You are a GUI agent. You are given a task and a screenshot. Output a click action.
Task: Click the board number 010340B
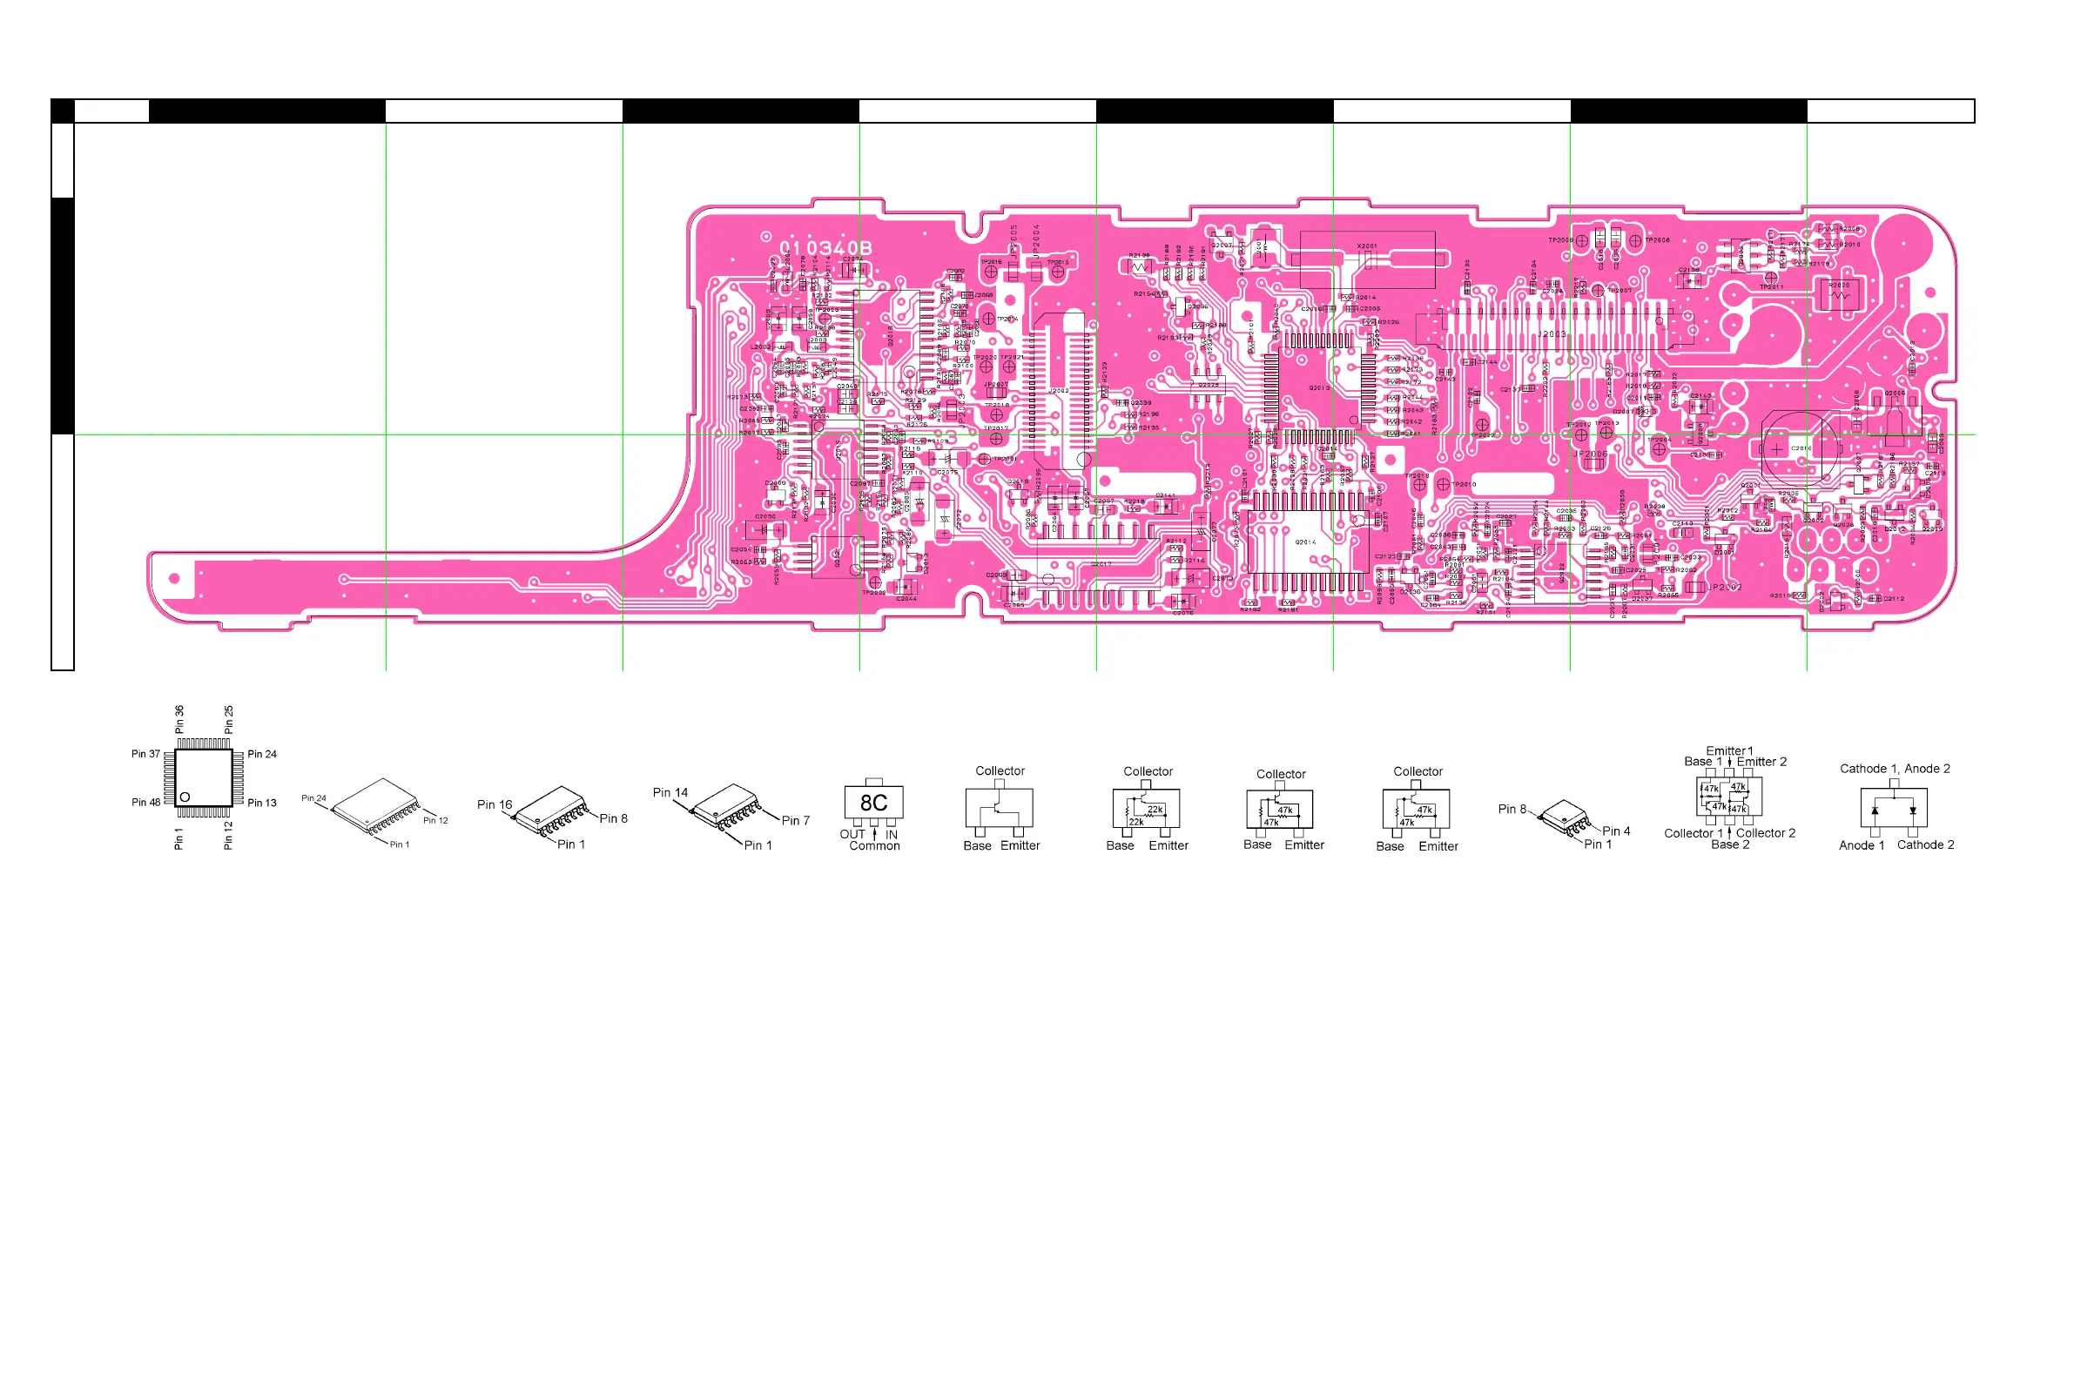(825, 249)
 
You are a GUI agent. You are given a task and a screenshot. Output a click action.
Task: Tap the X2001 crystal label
(1366, 246)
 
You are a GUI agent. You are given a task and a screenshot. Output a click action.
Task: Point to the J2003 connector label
(1552, 334)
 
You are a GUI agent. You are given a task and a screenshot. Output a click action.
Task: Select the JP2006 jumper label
(1590, 454)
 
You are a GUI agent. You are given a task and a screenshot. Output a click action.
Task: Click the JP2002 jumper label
(1725, 588)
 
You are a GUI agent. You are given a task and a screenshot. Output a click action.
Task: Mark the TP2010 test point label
(1464, 485)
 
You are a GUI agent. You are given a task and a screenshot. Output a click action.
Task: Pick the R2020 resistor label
(1839, 286)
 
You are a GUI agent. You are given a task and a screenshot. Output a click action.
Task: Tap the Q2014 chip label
(1305, 542)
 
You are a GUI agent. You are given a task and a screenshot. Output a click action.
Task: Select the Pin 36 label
(179, 718)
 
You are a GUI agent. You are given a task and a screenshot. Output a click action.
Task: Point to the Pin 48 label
(146, 802)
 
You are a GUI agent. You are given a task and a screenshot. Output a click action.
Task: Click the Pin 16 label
(495, 804)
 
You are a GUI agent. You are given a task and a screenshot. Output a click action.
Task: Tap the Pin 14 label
(670, 792)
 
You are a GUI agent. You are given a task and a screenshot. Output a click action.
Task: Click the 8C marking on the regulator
(873, 803)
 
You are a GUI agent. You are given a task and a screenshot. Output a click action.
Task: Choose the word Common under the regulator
(874, 846)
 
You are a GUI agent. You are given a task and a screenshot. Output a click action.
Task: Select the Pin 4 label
(1616, 831)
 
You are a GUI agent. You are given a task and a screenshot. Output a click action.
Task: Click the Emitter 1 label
(1729, 751)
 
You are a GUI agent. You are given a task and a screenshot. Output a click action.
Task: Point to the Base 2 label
(1730, 844)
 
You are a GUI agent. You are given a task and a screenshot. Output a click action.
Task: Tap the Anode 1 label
(1862, 845)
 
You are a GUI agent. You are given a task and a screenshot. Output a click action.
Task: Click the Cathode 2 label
(1925, 844)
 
